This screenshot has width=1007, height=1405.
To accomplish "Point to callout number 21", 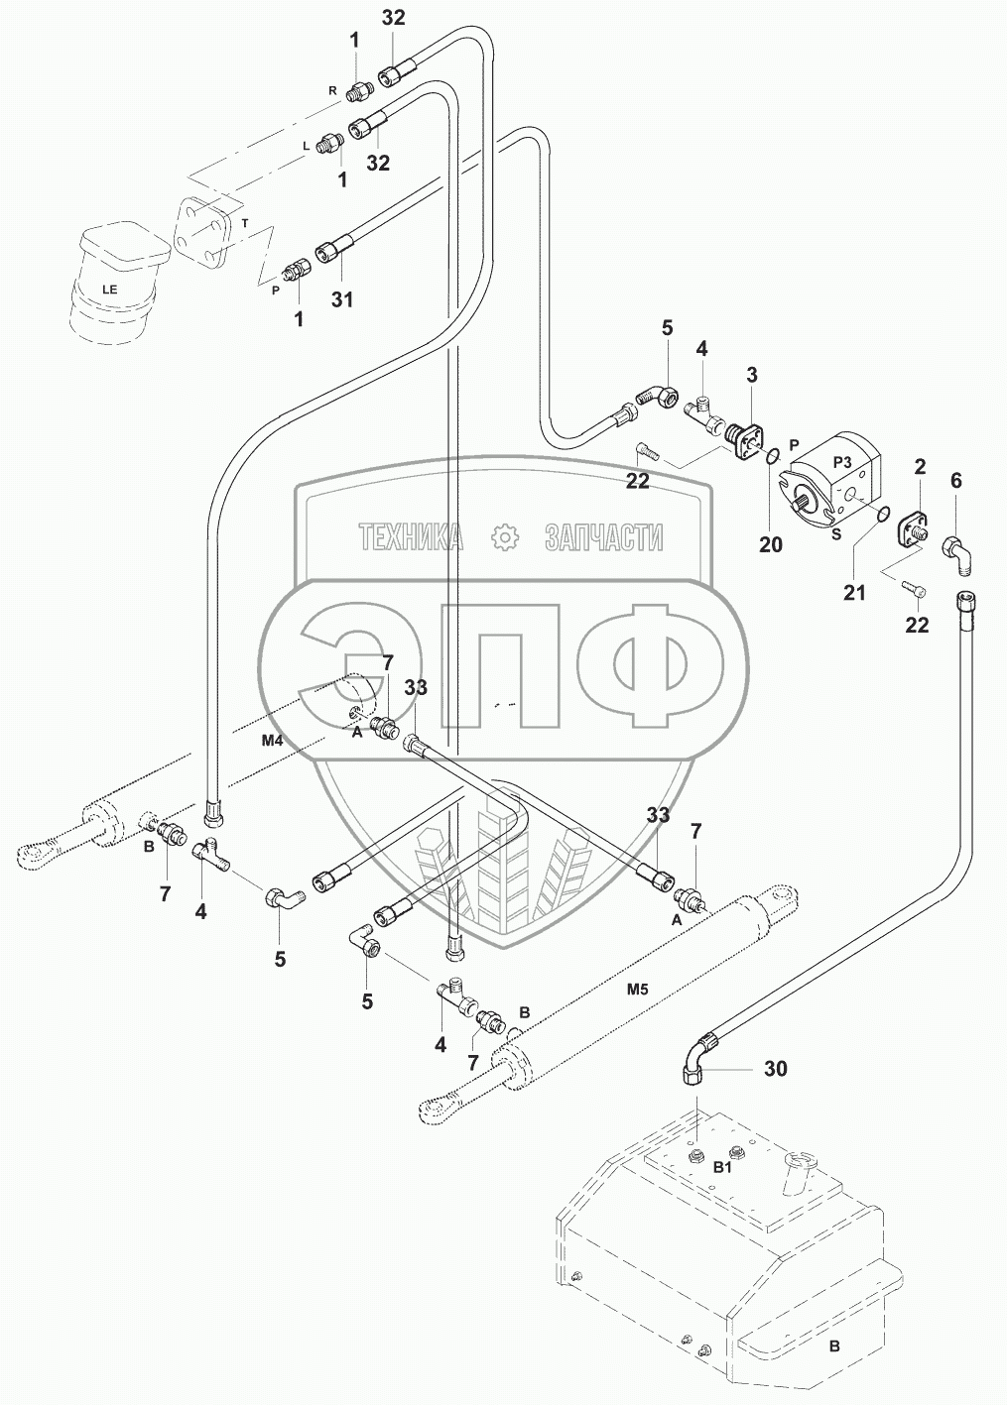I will pos(854,592).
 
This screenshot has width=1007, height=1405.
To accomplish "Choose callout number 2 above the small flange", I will pos(920,467).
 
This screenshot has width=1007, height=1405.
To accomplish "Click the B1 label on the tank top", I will pos(724,1170).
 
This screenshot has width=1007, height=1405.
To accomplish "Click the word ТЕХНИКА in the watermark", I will pos(410,537).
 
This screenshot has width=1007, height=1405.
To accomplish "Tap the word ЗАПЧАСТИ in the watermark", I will pos(603,537).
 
